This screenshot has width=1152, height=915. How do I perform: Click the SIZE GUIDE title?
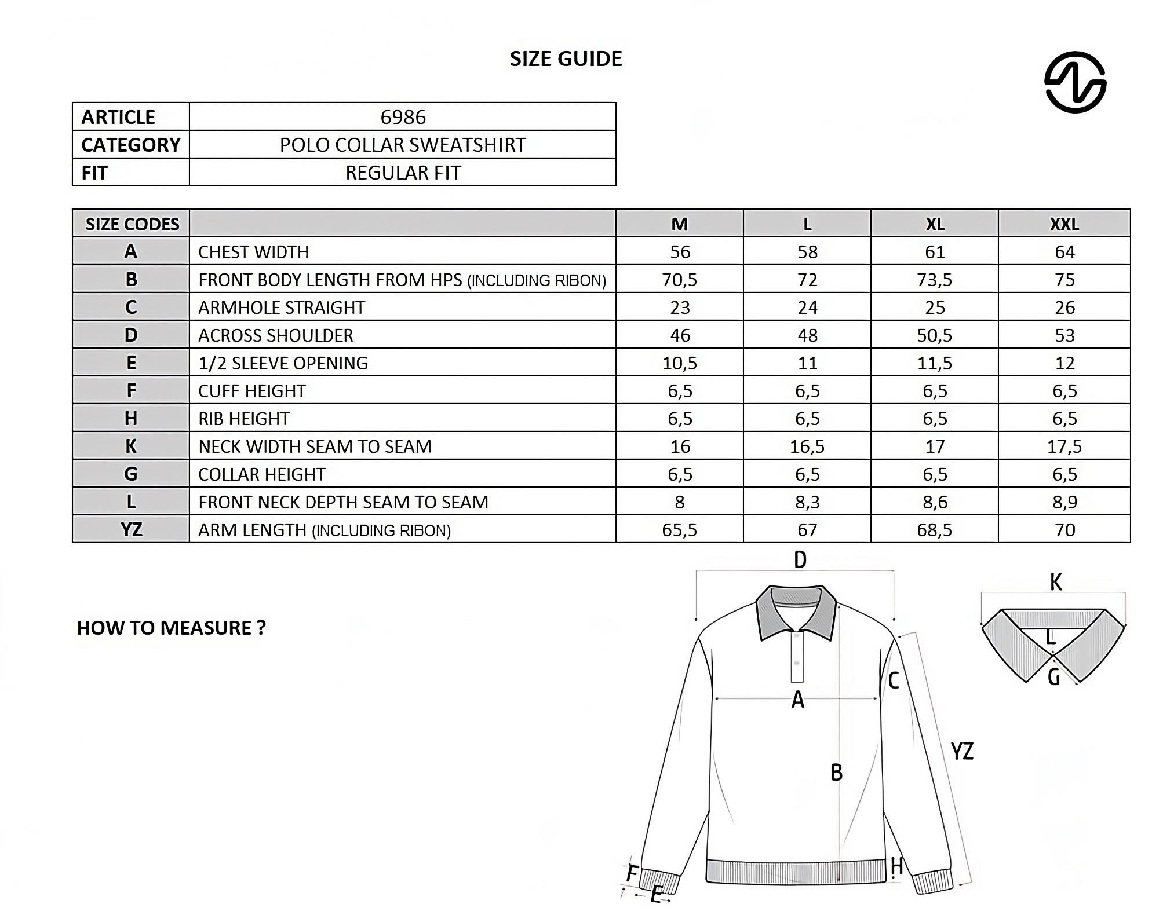566,58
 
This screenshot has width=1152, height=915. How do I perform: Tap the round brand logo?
1075,82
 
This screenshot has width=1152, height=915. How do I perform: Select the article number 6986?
403,117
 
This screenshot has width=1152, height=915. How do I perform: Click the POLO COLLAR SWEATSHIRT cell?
403,145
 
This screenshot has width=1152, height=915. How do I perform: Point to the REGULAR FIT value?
403,173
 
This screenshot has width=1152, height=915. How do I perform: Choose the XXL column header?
1064,224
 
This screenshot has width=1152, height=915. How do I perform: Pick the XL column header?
934,224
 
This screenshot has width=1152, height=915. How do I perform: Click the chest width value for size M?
680,252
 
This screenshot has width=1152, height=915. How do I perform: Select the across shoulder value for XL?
934,335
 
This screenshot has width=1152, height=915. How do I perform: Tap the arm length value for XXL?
1064,530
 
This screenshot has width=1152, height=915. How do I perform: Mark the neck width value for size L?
807,446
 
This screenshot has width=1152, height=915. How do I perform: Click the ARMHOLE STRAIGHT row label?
282,308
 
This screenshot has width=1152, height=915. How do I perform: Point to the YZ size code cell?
132,530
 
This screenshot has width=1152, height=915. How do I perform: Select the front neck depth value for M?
680,502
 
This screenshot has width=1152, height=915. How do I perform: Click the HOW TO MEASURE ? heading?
172,628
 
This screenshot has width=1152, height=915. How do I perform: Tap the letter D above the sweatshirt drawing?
800,560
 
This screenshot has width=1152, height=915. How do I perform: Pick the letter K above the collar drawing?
1055,582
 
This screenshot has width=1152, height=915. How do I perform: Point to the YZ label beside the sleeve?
962,752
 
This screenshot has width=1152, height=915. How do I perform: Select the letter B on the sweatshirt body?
836,773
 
